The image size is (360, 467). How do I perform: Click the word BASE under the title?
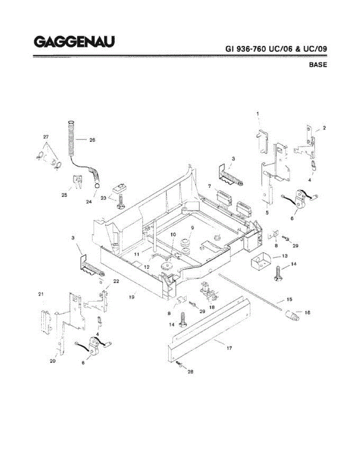[x=318, y=65]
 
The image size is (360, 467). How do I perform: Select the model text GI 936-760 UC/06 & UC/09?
[x=276, y=49]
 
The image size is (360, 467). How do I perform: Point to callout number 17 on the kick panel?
[x=229, y=348]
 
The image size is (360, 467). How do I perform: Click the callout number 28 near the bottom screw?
[x=190, y=371]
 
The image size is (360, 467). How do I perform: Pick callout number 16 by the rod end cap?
[x=307, y=312]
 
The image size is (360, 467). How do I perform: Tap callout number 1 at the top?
[x=258, y=113]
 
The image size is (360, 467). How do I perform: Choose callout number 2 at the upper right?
[x=324, y=128]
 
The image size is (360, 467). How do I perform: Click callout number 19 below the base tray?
[x=132, y=297]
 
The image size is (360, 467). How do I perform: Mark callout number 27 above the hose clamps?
[x=46, y=137]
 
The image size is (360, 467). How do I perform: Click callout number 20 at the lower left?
[x=53, y=361]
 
